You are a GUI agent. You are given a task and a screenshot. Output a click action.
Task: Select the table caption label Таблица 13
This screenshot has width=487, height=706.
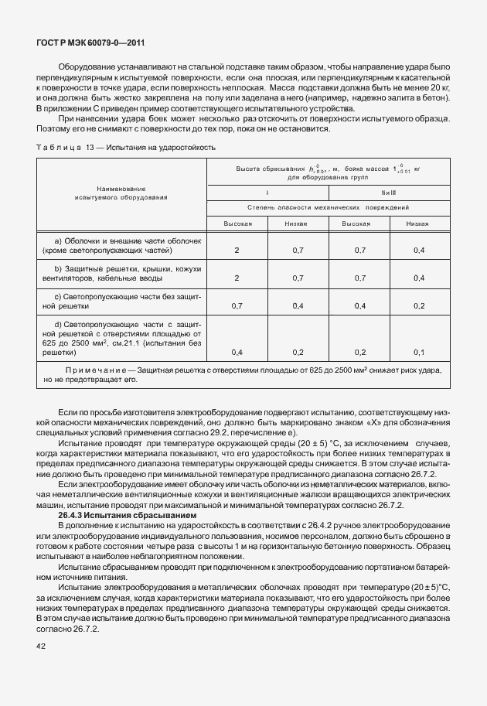70,146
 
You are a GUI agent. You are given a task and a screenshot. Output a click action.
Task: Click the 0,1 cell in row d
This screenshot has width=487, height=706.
419,352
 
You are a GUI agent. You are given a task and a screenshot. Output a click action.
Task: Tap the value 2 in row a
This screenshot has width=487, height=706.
237,251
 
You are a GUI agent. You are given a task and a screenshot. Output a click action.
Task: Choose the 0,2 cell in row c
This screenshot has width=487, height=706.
419,305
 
